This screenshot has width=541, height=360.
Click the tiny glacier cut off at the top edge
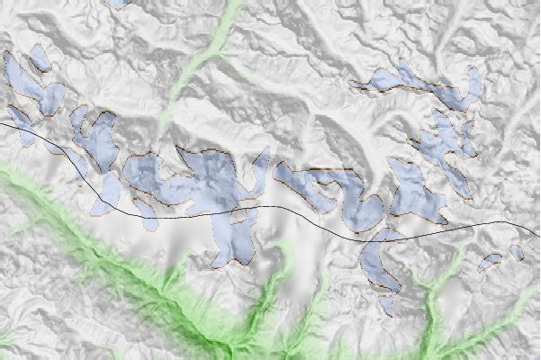(118, 3)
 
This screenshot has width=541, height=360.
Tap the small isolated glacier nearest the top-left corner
(39, 59)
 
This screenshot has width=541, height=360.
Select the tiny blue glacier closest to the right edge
(516, 252)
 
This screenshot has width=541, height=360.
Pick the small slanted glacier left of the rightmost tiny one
(490, 262)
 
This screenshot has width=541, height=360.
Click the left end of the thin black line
(2, 123)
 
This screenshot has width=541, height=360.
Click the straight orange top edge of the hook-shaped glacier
(329, 168)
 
